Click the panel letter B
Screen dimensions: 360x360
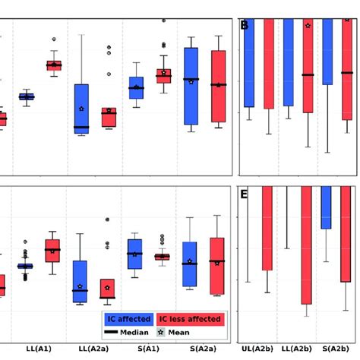[245, 26]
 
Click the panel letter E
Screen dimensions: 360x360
[245, 194]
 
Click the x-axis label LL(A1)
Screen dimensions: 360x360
[38, 349]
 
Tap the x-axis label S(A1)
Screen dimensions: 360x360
[147, 349]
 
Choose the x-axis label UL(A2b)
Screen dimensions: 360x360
[258, 349]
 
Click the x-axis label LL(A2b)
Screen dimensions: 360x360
[297, 349]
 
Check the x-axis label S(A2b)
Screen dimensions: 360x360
[336, 349]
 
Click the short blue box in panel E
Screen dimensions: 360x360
[327, 207]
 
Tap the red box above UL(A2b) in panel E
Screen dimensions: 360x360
[267, 228]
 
